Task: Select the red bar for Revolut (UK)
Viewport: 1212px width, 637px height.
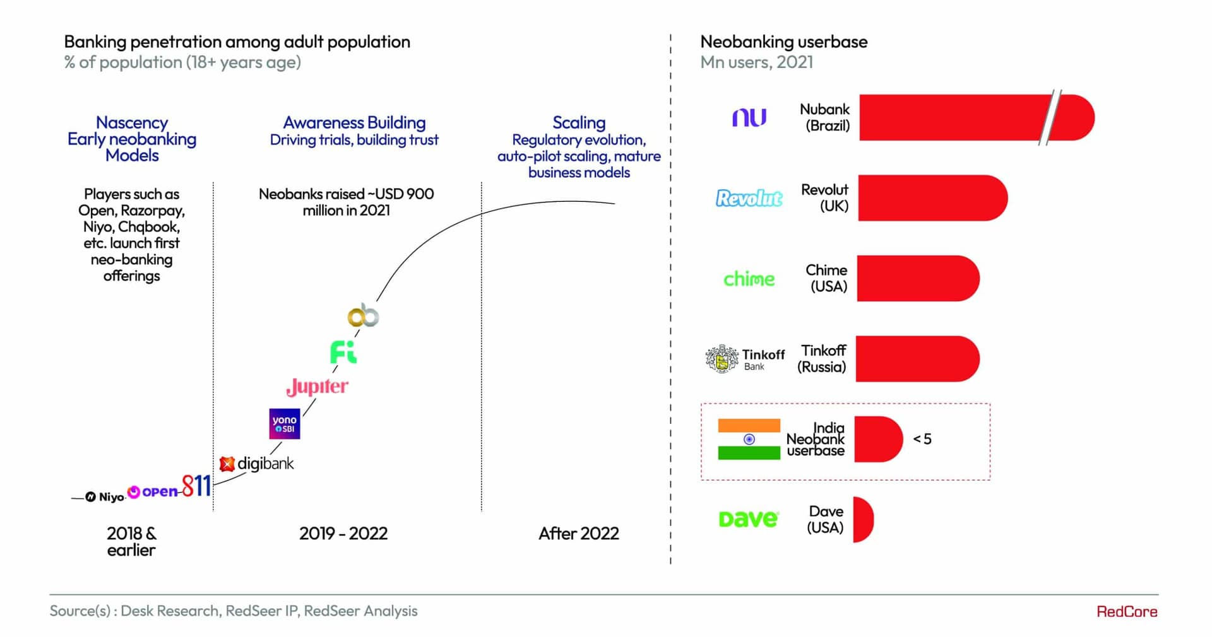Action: coord(932,198)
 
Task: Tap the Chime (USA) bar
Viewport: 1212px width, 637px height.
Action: coord(917,278)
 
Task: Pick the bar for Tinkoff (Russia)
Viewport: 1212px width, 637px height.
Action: coord(917,359)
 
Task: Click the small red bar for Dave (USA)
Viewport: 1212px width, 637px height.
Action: coord(862,520)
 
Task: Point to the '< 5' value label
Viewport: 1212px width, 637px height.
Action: coord(922,439)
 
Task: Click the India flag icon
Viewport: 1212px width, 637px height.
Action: coord(749,439)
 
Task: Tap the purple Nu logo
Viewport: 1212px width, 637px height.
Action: coord(749,117)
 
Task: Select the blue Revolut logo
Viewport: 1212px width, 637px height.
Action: coord(749,198)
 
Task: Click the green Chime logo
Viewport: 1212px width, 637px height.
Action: coord(749,279)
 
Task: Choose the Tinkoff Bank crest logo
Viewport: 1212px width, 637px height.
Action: coord(722,359)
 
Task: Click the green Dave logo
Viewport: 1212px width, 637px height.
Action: coord(749,519)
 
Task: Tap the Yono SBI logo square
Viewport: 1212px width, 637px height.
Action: coord(284,424)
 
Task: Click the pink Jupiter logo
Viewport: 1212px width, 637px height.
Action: coord(317,386)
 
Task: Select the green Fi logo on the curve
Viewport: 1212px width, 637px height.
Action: coord(343,352)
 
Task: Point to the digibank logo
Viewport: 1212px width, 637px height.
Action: coord(257,464)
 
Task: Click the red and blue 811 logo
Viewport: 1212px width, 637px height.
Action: coord(196,486)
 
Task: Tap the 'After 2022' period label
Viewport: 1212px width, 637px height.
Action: coord(578,534)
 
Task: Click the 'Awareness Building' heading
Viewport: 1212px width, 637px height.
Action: coord(354,122)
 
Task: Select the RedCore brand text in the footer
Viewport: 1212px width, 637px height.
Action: coord(1126,611)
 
